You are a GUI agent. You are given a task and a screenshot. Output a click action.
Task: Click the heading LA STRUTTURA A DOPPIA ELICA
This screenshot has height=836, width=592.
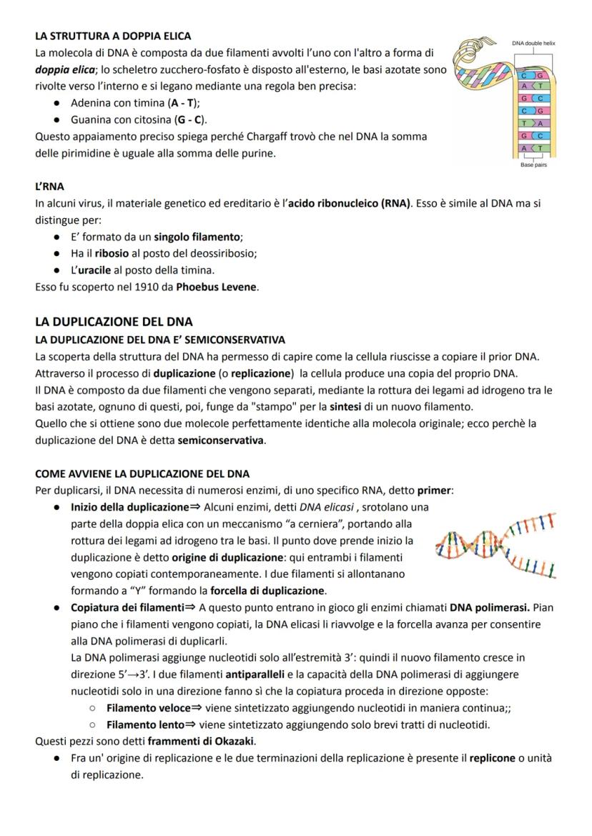click(x=113, y=36)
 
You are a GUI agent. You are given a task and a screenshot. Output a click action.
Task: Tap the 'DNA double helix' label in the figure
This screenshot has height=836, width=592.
click(x=533, y=44)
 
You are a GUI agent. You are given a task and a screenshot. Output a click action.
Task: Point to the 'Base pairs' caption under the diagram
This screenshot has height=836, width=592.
click(x=533, y=164)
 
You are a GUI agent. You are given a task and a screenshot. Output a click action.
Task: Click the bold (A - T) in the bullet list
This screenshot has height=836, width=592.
click(x=182, y=103)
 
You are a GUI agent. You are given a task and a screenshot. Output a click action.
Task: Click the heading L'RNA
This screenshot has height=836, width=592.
click(x=49, y=186)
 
